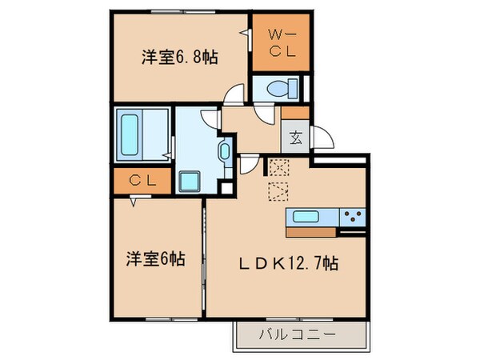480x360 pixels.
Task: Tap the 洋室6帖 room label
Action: [156, 258]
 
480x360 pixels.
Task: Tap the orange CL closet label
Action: [141, 181]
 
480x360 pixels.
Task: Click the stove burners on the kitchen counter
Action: [352, 214]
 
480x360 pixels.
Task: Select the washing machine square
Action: [190, 181]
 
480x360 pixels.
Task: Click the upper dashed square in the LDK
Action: [278, 168]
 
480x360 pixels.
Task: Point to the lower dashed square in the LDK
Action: [278, 190]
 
